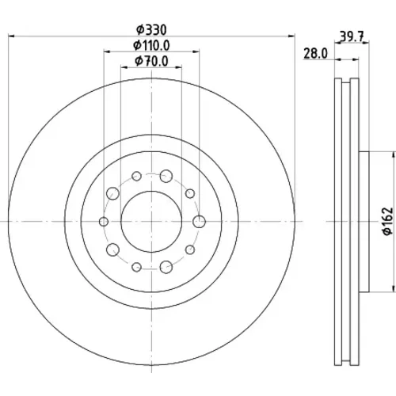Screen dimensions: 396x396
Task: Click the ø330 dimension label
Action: point(151,30)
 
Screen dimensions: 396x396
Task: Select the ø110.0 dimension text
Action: point(151,45)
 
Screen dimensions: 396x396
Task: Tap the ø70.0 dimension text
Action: point(151,61)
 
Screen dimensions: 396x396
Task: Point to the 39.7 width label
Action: point(352,36)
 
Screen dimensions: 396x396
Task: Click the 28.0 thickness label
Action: point(315,54)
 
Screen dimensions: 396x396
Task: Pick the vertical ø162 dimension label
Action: point(388,221)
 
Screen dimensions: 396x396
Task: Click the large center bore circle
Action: point(121,221)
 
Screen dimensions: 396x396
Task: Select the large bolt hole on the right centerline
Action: point(200,222)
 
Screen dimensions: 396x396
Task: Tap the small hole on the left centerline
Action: point(104,222)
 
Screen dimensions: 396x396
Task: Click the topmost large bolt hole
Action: point(166,176)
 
